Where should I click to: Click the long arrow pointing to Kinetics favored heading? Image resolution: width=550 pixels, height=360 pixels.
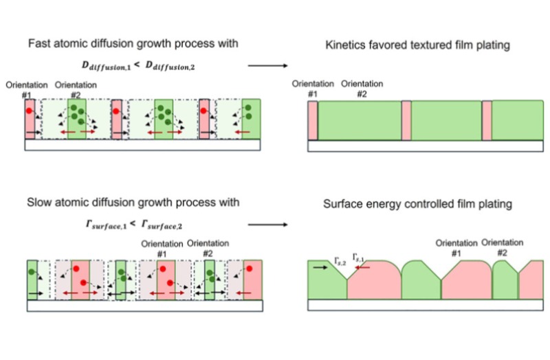[267, 66]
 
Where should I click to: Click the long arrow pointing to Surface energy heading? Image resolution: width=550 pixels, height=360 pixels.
[267, 224]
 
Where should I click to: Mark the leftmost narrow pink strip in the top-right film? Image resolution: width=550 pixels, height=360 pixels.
[313, 121]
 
